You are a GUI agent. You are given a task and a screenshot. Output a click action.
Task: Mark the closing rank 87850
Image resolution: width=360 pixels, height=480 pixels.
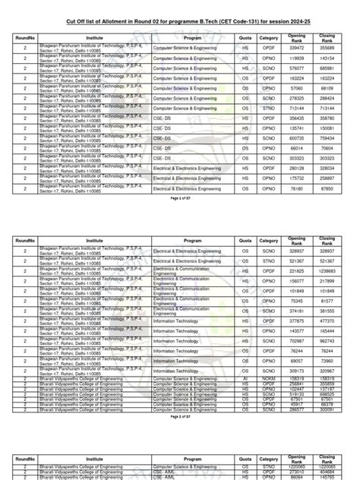tap(327, 188)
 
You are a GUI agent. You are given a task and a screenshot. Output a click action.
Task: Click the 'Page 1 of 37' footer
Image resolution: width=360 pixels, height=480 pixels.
tap(179, 197)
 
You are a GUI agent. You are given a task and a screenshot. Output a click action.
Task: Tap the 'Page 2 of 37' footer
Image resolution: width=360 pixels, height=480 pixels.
tap(179, 417)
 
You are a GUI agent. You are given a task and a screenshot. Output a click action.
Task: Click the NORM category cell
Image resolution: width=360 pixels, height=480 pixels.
tap(268, 377)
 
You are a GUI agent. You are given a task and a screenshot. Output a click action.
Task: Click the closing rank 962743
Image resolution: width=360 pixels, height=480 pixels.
tap(327, 342)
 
